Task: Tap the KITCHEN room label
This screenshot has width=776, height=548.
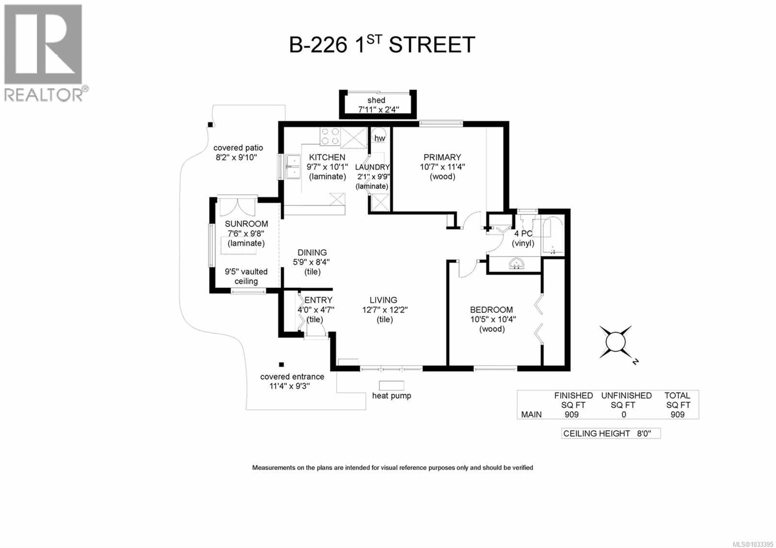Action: [327, 157]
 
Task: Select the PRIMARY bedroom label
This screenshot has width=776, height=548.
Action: [442, 157]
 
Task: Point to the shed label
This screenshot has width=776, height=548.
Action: [376, 100]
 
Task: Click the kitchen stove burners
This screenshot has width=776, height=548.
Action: [330, 136]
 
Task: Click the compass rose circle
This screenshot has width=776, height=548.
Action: [615, 342]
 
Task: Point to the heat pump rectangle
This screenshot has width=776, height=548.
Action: [391, 386]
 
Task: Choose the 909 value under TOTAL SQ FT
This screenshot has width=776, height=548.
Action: [677, 415]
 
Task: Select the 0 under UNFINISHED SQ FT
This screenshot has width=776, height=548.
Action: [624, 415]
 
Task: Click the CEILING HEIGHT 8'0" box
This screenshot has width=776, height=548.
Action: [611, 433]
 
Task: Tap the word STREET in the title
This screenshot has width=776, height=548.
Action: [432, 45]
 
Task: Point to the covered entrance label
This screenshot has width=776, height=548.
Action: [292, 377]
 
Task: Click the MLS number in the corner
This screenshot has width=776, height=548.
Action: [753, 544]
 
